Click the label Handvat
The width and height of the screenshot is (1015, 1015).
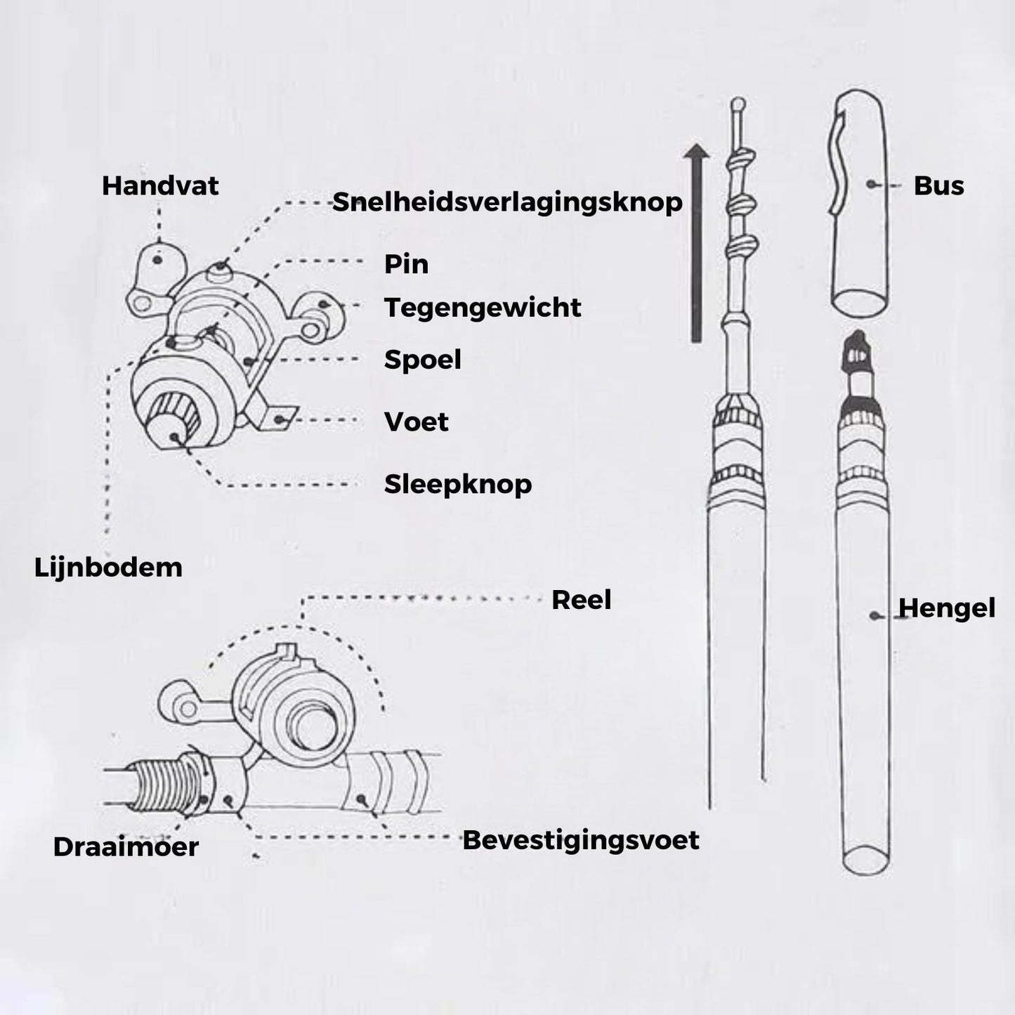160,186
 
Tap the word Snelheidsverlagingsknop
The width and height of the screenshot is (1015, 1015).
507,203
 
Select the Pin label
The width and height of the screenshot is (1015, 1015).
406,264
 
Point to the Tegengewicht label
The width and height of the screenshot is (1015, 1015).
483,308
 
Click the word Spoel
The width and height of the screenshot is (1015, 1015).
422,360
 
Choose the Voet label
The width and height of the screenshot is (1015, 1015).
416,422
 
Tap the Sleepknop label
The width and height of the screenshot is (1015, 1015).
458,484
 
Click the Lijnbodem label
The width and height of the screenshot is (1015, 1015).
108,568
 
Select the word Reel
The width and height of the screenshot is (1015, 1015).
581,600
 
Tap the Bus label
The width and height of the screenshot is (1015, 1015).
938,186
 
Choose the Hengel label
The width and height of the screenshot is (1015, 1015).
947,608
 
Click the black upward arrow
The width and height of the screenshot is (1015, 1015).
696,243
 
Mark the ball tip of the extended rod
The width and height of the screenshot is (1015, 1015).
738,103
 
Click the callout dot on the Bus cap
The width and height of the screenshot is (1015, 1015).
871,184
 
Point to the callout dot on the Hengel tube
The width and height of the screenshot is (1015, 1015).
875,615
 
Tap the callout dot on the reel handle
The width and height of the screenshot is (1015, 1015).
157,260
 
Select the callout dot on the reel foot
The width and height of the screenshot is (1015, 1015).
279,420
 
